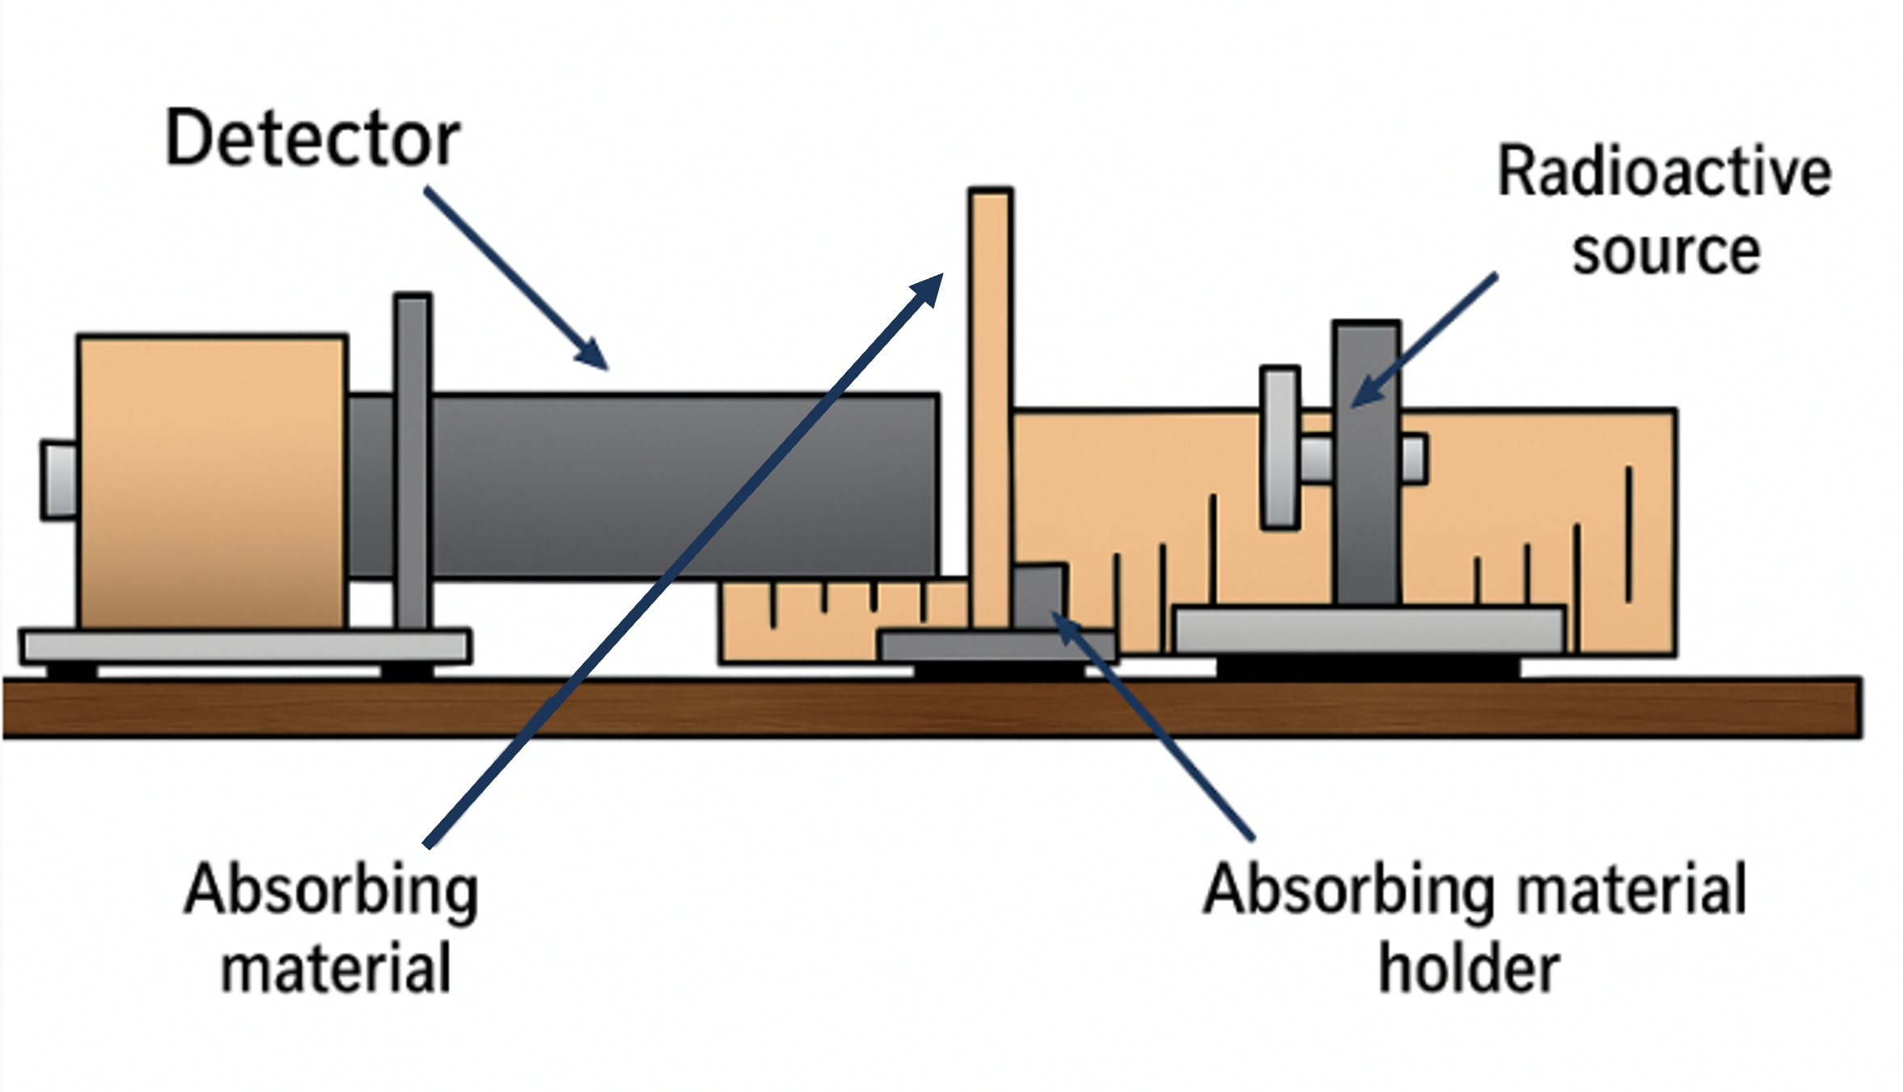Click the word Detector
(x=312, y=139)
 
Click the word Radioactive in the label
(x=1664, y=171)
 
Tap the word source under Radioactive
(x=1666, y=252)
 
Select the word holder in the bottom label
(x=1469, y=969)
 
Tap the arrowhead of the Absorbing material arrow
(x=930, y=286)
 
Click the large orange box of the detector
(x=212, y=481)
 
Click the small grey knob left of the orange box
(x=59, y=480)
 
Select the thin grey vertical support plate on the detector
(x=412, y=461)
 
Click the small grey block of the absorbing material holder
(x=1038, y=595)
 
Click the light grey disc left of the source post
(x=1279, y=449)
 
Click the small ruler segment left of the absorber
(x=809, y=623)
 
